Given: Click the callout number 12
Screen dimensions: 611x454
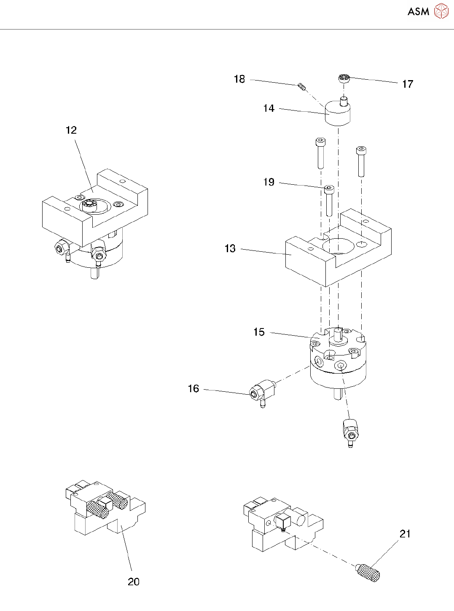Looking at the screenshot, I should [71, 130].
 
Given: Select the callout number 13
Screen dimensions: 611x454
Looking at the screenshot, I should [230, 248].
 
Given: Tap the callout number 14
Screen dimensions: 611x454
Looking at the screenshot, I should [269, 108].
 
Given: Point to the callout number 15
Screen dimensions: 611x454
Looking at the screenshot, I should [259, 332].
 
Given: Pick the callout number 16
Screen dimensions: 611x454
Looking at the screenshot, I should [193, 389].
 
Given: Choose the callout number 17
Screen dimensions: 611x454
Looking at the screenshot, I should [408, 84].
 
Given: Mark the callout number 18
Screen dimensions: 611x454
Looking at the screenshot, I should [239, 79].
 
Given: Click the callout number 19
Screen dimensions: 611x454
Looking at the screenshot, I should [269, 182].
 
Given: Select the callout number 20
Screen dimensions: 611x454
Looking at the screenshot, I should [134, 582].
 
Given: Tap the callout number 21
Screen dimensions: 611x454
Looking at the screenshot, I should [405, 534].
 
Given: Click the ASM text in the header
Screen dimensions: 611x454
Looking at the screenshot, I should [418, 12].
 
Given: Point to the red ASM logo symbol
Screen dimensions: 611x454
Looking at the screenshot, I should [441, 11].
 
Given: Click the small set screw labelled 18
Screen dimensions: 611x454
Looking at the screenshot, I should [301, 86].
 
